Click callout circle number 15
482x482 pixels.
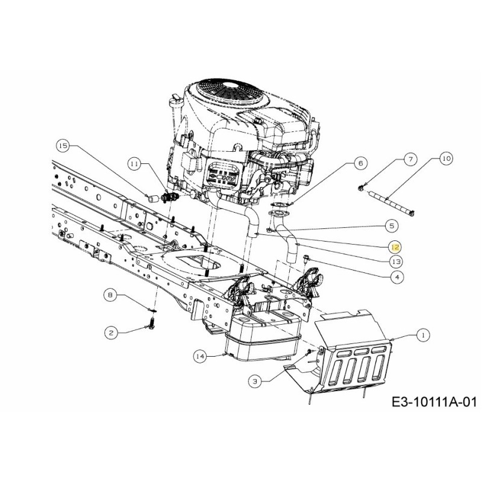click(x=63, y=145)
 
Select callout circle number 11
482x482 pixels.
click(x=134, y=163)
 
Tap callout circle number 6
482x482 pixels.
click(x=360, y=163)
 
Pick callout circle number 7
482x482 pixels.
click(x=409, y=160)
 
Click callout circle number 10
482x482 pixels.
click(x=445, y=160)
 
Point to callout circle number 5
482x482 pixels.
click(x=392, y=225)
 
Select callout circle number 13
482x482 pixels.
click(x=395, y=262)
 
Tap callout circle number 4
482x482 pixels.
click(x=395, y=277)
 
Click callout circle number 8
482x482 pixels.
click(x=110, y=295)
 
